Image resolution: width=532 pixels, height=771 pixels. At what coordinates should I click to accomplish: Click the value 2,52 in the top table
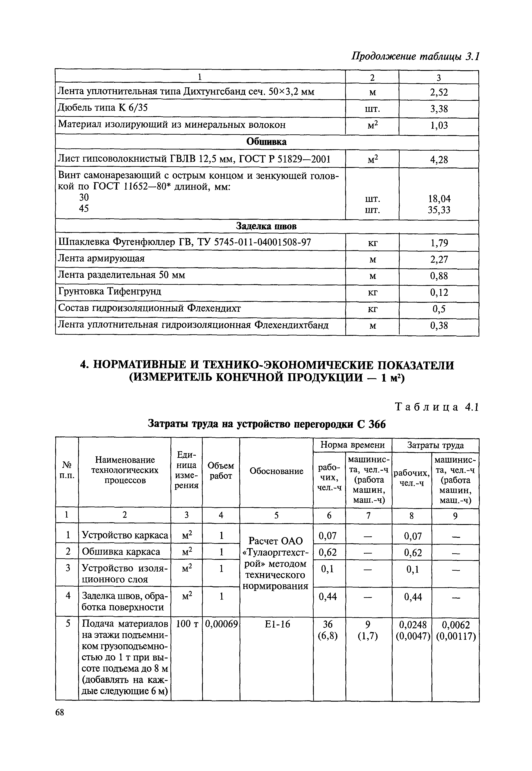coord(439,92)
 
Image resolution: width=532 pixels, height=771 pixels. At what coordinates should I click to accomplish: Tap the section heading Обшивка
coord(266,142)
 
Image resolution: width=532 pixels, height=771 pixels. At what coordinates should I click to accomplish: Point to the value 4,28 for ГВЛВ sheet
coord(439,160)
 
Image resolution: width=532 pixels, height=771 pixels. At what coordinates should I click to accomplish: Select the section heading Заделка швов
coord(266,226)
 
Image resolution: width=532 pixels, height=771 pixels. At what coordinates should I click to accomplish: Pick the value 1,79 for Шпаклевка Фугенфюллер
coord(439,243)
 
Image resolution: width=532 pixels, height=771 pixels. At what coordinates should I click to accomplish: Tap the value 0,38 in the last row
coord(439,326)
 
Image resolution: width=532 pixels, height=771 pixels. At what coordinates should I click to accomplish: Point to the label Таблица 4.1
coord(437,407)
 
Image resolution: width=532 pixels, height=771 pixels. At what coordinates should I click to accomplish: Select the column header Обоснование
coord(276,471)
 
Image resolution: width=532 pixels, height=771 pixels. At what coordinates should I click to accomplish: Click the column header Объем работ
coord(221,470)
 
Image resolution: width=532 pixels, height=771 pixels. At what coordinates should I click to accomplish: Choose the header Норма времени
coord(352,445)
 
